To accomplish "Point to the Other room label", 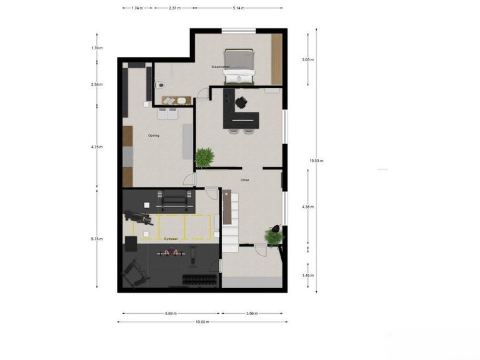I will click(x=245, y=180).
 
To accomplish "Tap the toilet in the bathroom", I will click(x=161, y=86).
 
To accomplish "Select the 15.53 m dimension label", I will click(x=316, y=161).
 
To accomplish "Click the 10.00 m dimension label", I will click(x=202, y=322).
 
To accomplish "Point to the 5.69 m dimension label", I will click(x=170, y=313).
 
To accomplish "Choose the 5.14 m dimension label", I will click(x=238, y=8).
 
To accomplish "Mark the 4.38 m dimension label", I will click(x=307, y=207).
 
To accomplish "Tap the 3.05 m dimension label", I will click(x=307, y=60).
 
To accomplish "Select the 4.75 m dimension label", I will click(x=96, y=147).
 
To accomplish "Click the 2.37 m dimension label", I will click(x=175, y=8).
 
